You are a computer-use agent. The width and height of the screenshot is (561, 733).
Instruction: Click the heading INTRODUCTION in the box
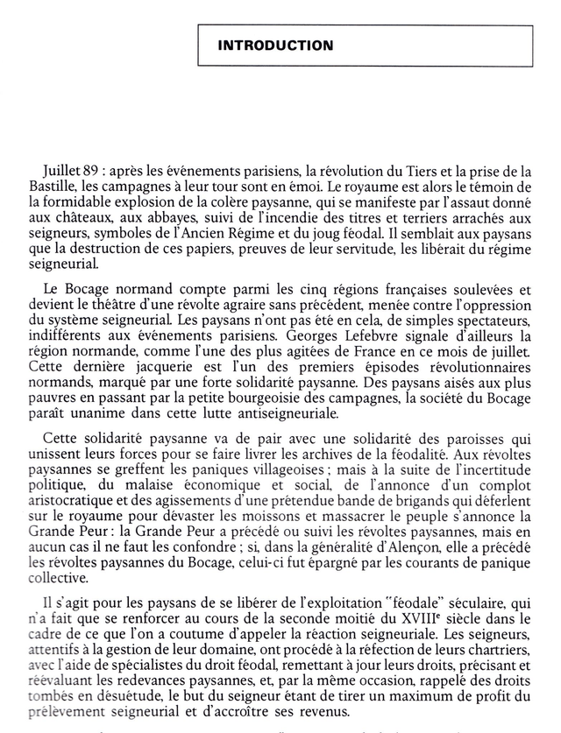coord(275,46)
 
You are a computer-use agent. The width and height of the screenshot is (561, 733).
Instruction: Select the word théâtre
coord(123,304)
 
